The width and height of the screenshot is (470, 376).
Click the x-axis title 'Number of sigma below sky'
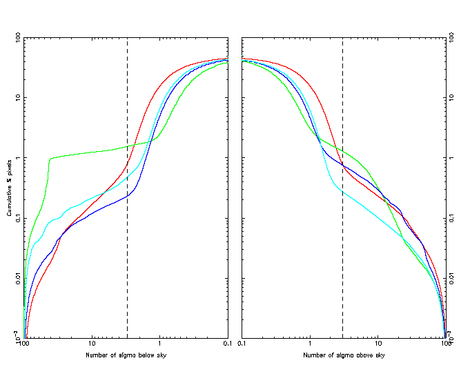point(126,355)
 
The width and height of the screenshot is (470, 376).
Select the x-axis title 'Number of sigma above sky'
point(344,355)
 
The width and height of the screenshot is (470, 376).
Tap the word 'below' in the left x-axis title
point(144,355)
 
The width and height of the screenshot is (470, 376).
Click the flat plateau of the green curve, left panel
point(90,152)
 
